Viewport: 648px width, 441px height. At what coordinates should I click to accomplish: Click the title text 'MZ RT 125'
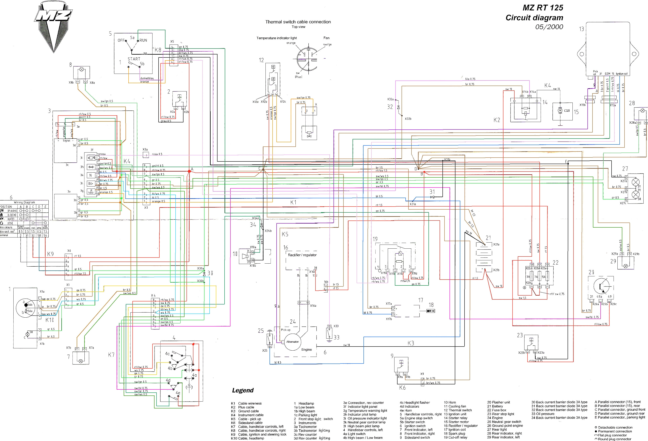point(543,8)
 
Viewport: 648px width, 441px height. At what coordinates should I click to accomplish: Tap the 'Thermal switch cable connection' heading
point(298,22)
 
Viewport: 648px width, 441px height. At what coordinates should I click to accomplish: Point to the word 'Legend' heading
point(243,390)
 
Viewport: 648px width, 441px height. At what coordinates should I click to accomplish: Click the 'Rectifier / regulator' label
point(302,255)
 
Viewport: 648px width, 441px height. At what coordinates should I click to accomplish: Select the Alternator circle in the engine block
point(292,342)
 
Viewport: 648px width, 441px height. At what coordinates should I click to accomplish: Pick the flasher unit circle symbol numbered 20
point(601,286)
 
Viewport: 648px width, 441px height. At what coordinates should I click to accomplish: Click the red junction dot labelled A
point(189,171)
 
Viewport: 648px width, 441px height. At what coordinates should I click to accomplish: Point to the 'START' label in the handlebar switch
point(134,59)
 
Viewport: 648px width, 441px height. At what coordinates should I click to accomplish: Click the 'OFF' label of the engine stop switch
point(121,40)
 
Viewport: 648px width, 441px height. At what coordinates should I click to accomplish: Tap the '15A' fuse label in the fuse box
point(543,277)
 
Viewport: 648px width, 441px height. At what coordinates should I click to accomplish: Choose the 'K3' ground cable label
point(411,343)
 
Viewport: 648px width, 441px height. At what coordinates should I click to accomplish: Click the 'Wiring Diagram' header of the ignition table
point(24,202)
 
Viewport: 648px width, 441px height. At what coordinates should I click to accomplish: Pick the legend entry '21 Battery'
point(495,406)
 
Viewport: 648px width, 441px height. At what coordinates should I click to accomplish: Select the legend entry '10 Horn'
point(450,402)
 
